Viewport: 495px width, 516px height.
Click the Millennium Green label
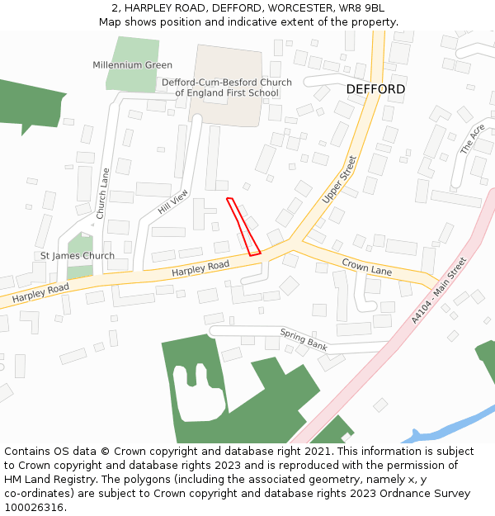pyautogui.click(x=132, y=65)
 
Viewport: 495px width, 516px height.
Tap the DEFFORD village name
pyautogui.click(x=375, y=89)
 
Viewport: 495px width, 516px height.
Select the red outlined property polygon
pyautogui.click(x=243, y=226)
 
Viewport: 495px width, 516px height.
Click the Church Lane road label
pyautogui.click(x=102, y=193)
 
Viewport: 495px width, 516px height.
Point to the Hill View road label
pyautogui.click(x=173, y=202)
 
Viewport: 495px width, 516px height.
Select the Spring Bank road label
pyautogui.click(x=304, y=338)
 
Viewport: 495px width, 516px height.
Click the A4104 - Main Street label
pyautogui.click(x=438, y=290)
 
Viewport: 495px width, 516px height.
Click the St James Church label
pyautogui.click(x=78, y=256)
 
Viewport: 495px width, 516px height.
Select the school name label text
pyautogui.click(x=226, y=88)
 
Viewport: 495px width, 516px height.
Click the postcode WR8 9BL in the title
pyautogui.click(x=362, y=8)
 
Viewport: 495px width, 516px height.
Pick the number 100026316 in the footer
pyautogui.click(x=33, y=508)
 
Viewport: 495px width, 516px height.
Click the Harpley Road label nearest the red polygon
pyautogui.click(x=200, y=267)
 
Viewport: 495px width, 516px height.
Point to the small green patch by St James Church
pyautogui.click(x=79, y=244)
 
